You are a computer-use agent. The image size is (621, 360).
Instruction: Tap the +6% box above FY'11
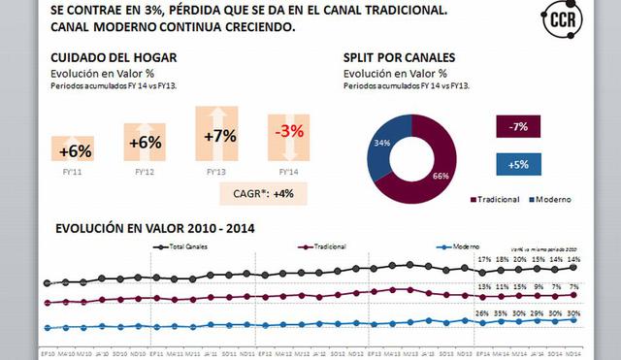tap(75, 149)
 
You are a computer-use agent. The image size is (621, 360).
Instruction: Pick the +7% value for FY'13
tap(220, 136)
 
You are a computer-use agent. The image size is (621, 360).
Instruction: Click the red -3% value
tap(289, 132)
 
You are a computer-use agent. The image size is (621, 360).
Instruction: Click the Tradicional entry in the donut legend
tap(494, 199)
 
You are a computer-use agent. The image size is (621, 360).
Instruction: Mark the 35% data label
tap(503, 312)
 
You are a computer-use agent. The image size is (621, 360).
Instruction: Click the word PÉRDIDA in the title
tap(180, 11)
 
